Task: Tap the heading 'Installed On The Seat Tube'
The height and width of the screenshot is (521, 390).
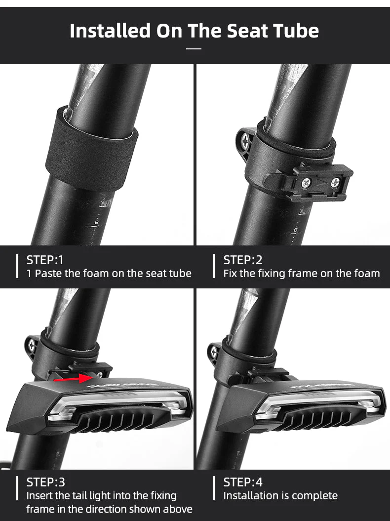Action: [x=194, y=31]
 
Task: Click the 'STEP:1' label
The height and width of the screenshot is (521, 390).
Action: [x=45, y=260]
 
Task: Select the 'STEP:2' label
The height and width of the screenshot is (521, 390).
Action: [x=243, y=260]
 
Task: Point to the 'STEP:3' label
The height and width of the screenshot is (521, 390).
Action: [x=45, y=482]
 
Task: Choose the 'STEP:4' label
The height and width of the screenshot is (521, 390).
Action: [x=243, y=482]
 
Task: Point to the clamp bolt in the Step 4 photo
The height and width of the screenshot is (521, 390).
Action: [x=214, y=352]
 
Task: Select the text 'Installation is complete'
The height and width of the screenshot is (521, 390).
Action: [x=280, y=495]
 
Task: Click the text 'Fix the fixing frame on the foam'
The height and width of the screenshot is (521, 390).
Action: [x=302, y=273]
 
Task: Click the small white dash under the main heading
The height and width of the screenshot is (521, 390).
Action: [x=194, y=48]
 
